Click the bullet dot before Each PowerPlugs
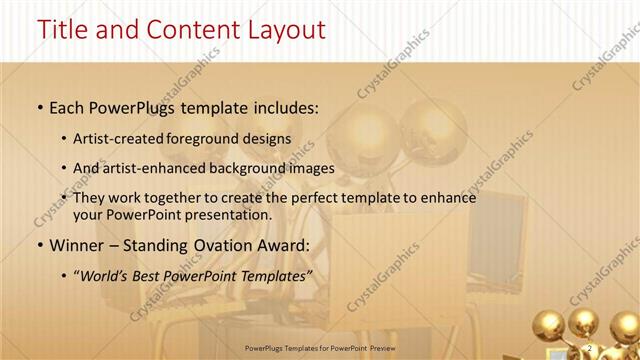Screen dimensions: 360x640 [x=38, y=105]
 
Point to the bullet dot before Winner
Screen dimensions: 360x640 [x=38, y=244]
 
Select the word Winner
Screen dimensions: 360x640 [x=76, y=244]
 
